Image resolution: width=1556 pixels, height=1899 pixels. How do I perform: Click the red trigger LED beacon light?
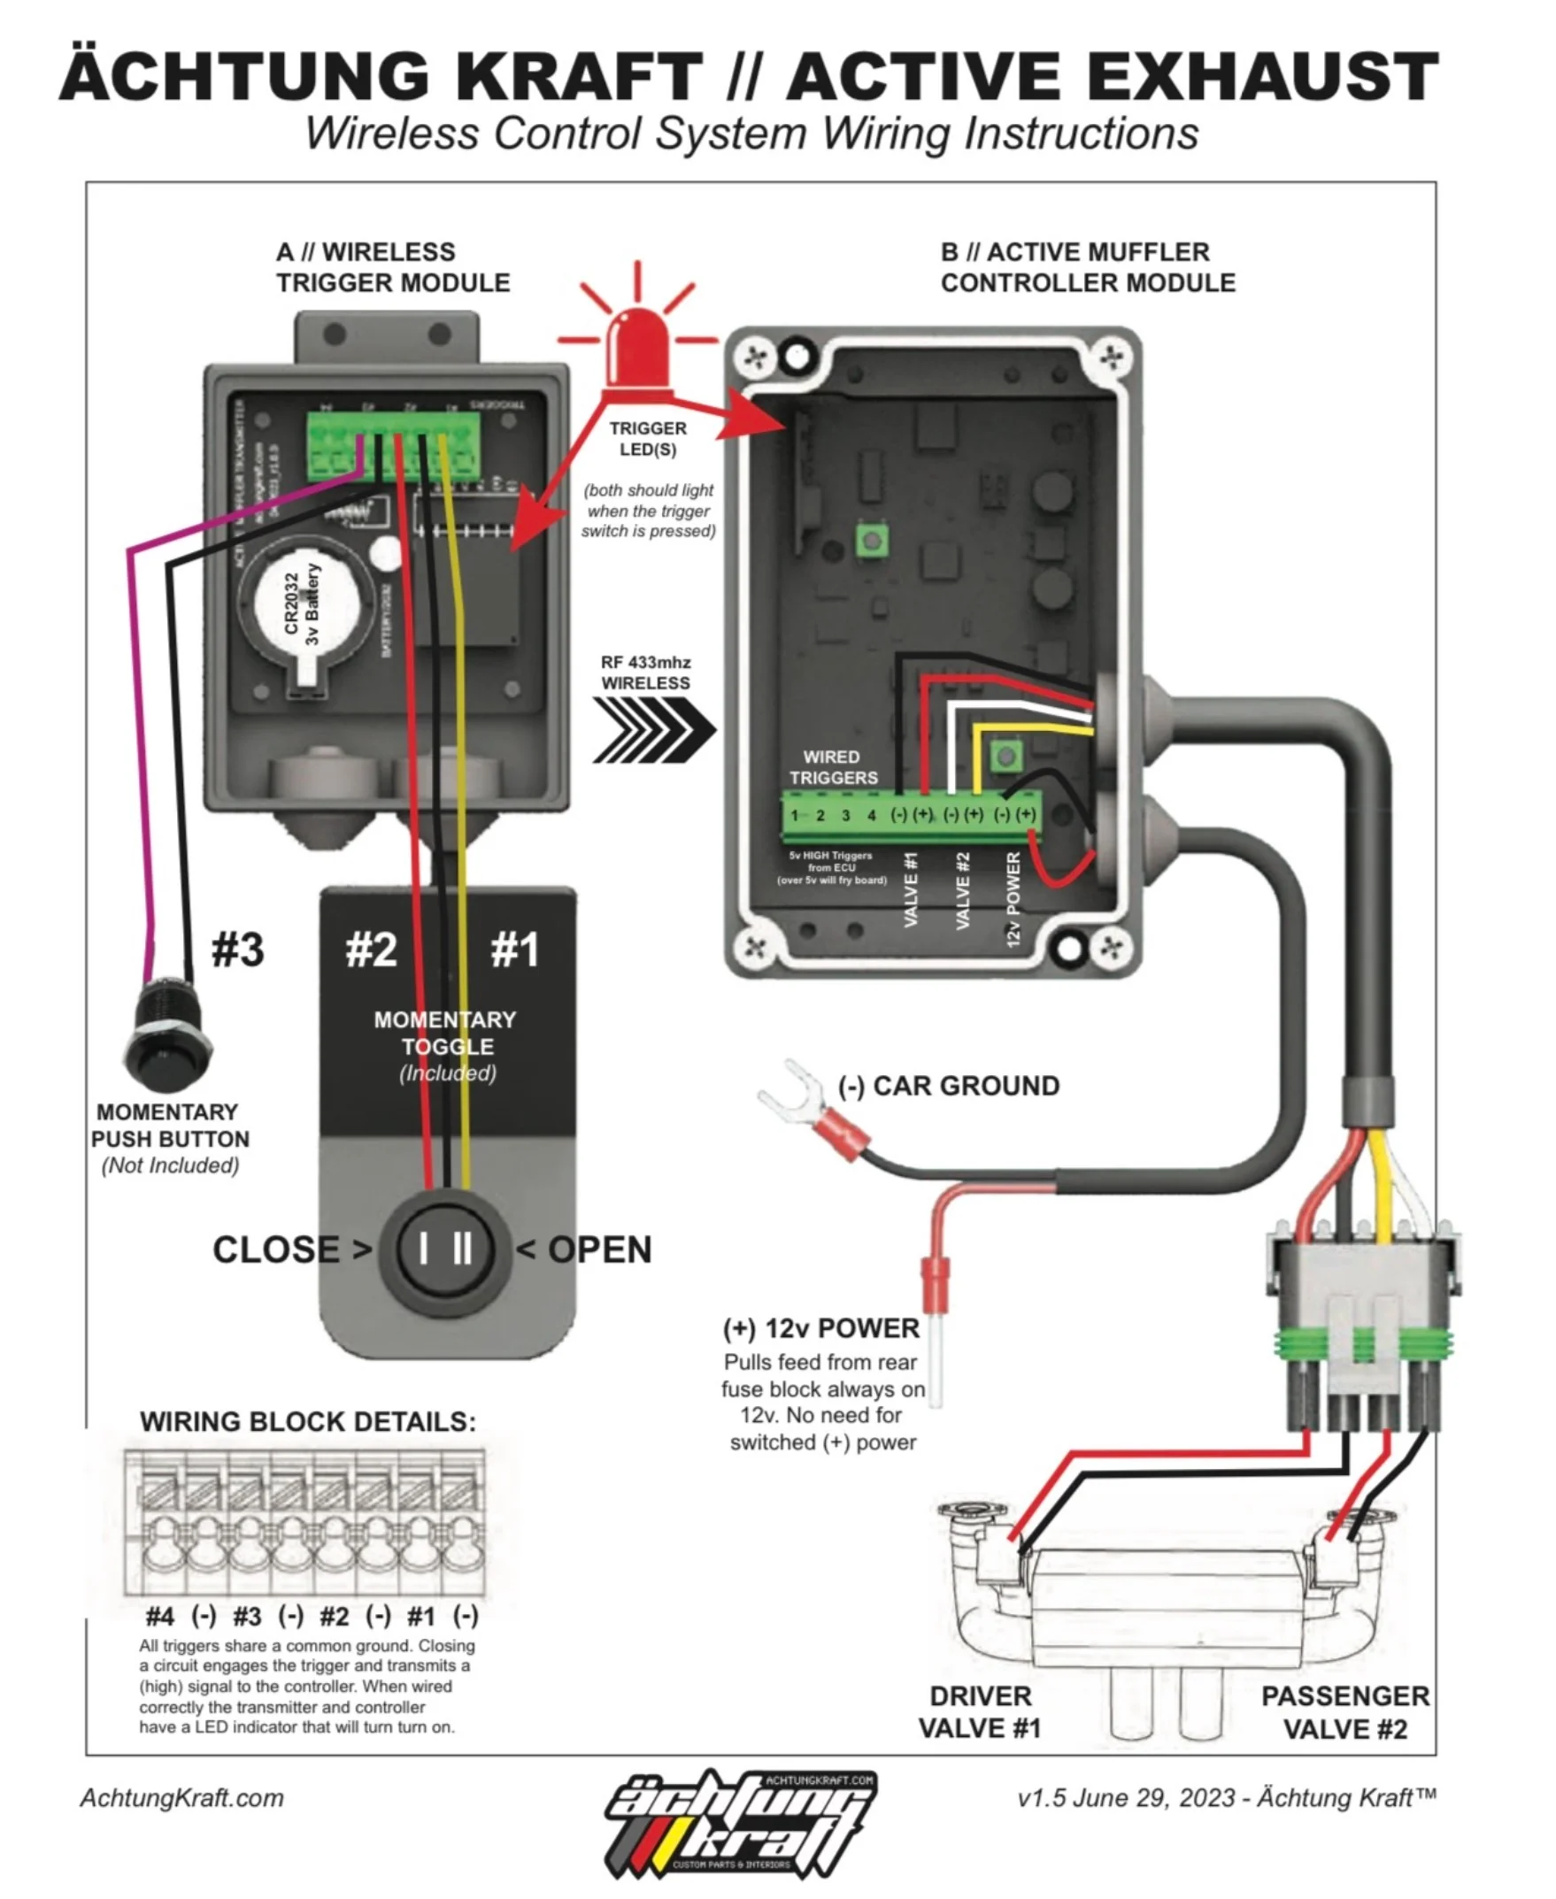[637, 346]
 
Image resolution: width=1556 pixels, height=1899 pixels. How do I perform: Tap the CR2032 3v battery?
[302, 608]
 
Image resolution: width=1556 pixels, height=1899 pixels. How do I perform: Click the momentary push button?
[167, 1036]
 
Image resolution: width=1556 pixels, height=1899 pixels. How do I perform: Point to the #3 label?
[237, 949]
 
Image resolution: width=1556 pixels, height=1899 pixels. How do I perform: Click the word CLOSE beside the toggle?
[275, 1249]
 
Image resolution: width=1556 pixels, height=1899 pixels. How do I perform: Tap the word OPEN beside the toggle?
[598, 1249]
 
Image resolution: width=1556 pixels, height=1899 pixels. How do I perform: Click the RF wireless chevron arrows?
[653, 728]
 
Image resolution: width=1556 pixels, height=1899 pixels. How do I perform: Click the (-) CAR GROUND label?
[948, 1086]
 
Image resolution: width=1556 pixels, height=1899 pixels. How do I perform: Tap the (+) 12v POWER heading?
[821, 1328]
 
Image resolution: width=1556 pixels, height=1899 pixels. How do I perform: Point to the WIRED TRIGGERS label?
[833, 767]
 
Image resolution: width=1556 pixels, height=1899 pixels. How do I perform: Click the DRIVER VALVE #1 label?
[980, 1711]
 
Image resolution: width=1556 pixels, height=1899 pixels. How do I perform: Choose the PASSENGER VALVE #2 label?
[1344, 1711]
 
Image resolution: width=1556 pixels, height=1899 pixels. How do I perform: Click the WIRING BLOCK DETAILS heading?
[307, 1422]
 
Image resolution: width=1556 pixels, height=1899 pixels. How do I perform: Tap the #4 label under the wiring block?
[159, 1617]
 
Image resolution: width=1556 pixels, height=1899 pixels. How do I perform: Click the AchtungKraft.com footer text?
[182, 1798]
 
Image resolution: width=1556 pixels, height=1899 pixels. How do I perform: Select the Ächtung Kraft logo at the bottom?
[740, 1823]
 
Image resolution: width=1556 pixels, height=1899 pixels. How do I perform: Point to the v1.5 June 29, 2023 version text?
[1226, 1798]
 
